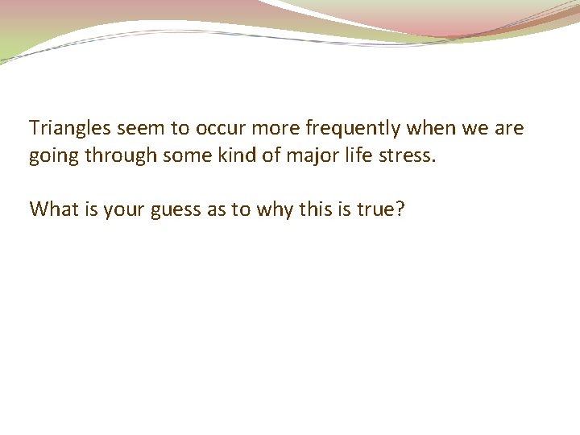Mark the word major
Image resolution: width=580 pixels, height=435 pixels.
[x=305, y=156]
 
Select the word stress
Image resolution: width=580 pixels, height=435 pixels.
[x=406, y=156]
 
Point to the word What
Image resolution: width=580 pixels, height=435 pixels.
[x=51, y=209]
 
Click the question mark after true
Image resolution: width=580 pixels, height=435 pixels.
[x=400, y=209]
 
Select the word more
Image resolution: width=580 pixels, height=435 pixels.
[x=274, y=128]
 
